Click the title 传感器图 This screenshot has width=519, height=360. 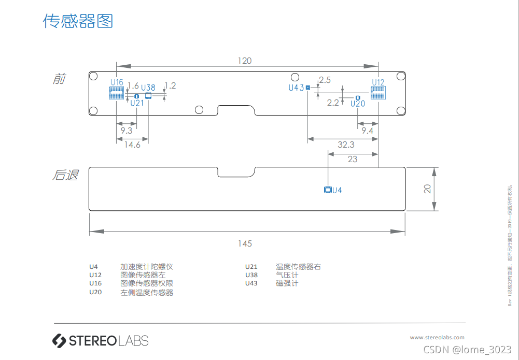(78, 21)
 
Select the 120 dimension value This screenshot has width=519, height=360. (245, 61)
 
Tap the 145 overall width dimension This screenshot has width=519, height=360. (245, 243)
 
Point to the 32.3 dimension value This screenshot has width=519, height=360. (346, 145)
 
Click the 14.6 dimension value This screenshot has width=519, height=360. (132, 145)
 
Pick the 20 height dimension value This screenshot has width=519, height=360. (427, 189)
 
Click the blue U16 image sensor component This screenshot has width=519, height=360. (116, 93)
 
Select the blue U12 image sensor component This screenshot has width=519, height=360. (378, 93)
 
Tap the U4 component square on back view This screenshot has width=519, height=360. (327, 190)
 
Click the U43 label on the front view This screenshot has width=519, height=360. (296, 88)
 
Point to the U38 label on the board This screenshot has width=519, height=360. (148, 88)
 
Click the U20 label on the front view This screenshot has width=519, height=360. (358, 104)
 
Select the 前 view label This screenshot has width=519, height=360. (60, 79)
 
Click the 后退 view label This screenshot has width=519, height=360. (65, 175)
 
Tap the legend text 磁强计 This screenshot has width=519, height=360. (287, 283)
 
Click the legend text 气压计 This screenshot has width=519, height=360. (287, 275)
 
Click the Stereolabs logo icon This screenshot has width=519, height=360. (59, 340)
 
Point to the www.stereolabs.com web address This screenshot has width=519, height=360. (437, 337)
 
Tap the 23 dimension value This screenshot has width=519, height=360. (353, 160)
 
